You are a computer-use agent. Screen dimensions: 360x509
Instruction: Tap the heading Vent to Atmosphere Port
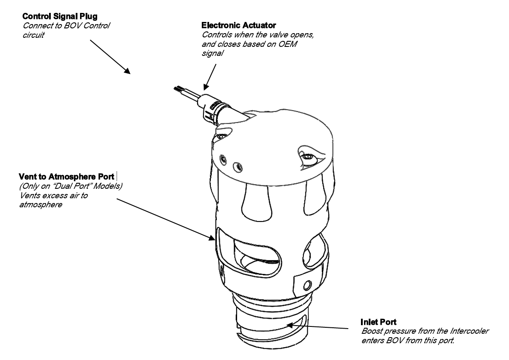click(x=67, y=176)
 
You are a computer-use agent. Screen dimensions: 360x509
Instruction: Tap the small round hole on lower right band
click(x=307, y=285)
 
